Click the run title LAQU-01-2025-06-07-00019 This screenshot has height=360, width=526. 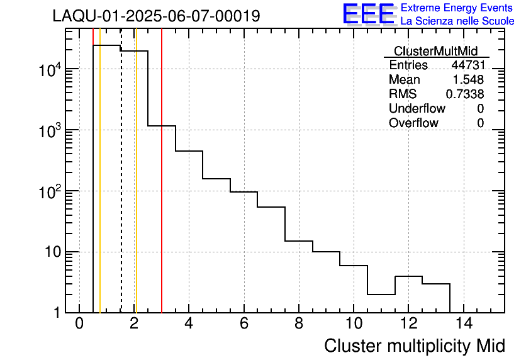tap(156, 16)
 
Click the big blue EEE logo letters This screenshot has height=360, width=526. tap(369, 14)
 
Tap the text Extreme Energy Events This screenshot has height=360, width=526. tap(457, 8)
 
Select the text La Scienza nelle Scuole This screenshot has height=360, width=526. tap(457, 21)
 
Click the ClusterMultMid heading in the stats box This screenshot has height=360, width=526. tap(435, 51)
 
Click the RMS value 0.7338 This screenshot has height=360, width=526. tap(465, 94)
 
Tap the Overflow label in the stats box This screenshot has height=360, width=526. tap(413, 123)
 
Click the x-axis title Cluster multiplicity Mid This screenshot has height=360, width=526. tap(414, 346)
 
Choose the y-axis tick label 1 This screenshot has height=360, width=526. tap(57, 313)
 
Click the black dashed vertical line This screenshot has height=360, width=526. tap(121, 189)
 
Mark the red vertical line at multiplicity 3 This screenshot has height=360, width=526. tap(162, 189)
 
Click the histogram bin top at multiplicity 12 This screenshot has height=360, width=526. tap(408, 276)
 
